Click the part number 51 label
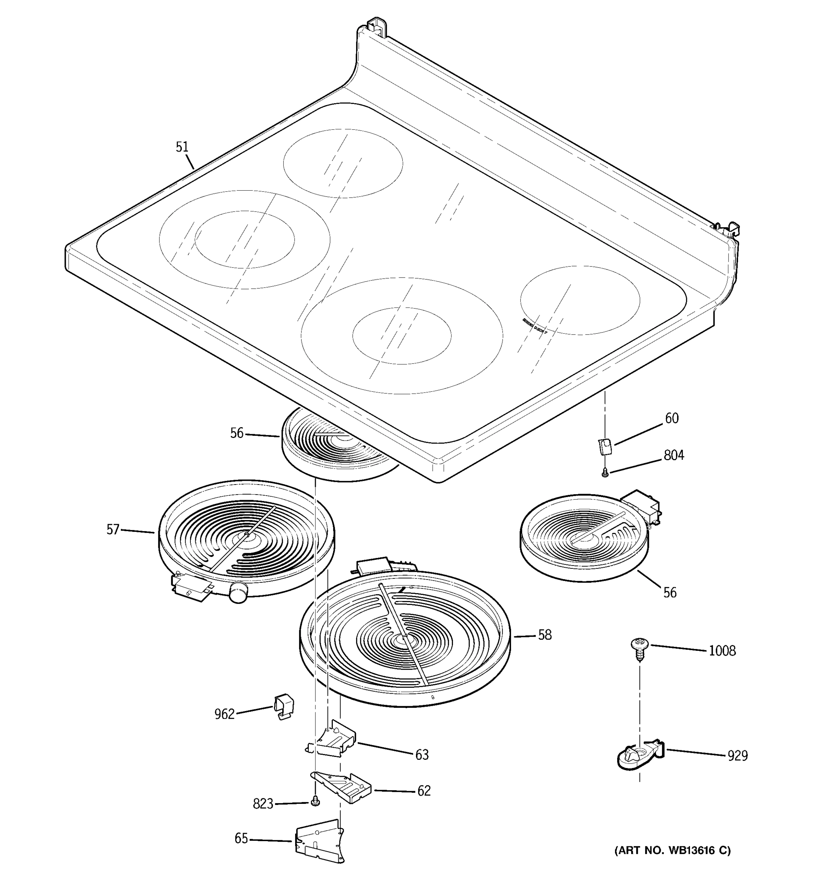(182, 147)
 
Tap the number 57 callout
(113, 530)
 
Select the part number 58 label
(545, 635)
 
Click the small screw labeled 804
(605, 472)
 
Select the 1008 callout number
(722, 651)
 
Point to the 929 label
(737, 756)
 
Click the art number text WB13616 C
(673, 851)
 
